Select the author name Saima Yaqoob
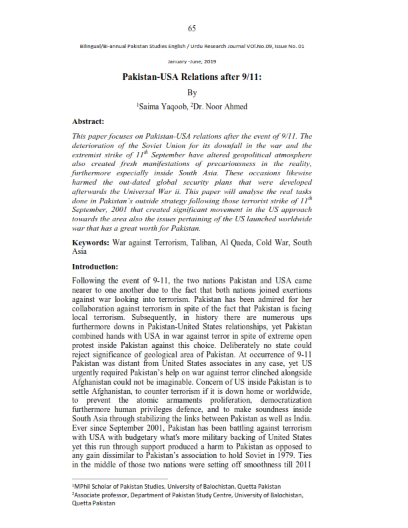(164, 106)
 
